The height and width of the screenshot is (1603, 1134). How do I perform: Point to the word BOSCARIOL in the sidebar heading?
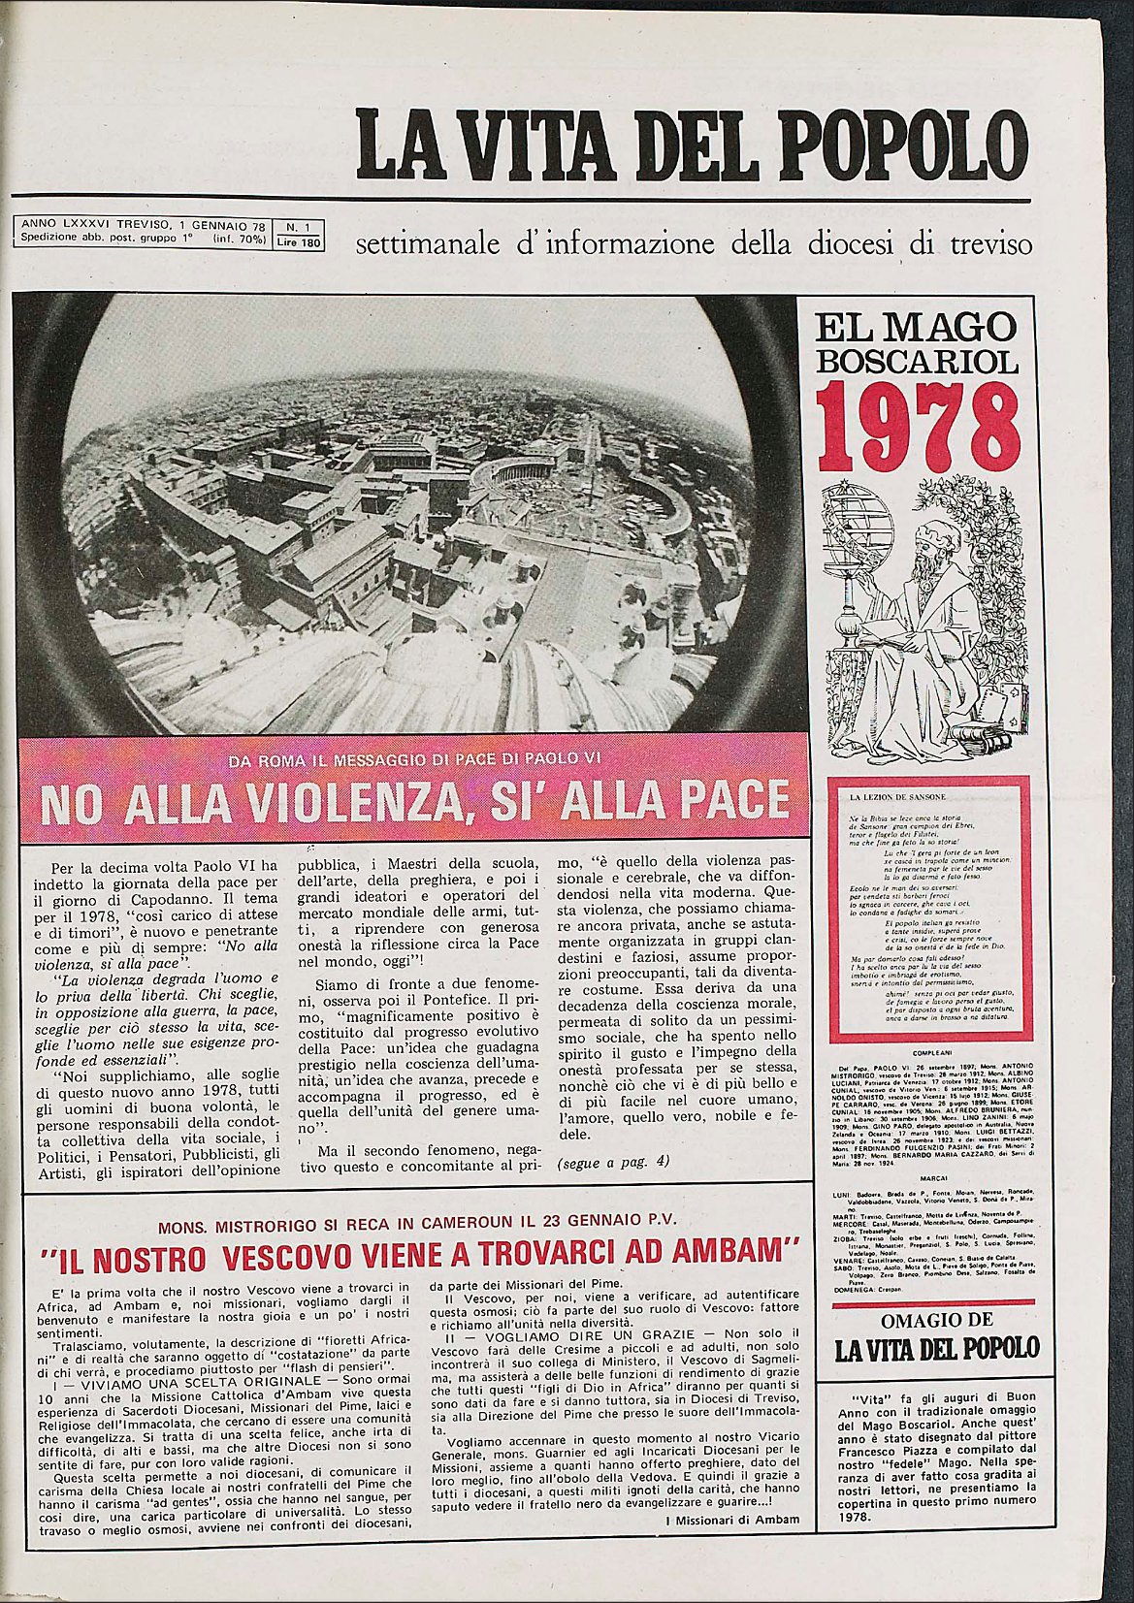pyautogui.click(x=917, y=362)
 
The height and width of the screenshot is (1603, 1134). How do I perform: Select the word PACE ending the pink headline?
pyautogui.click(x=727, y=800)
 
